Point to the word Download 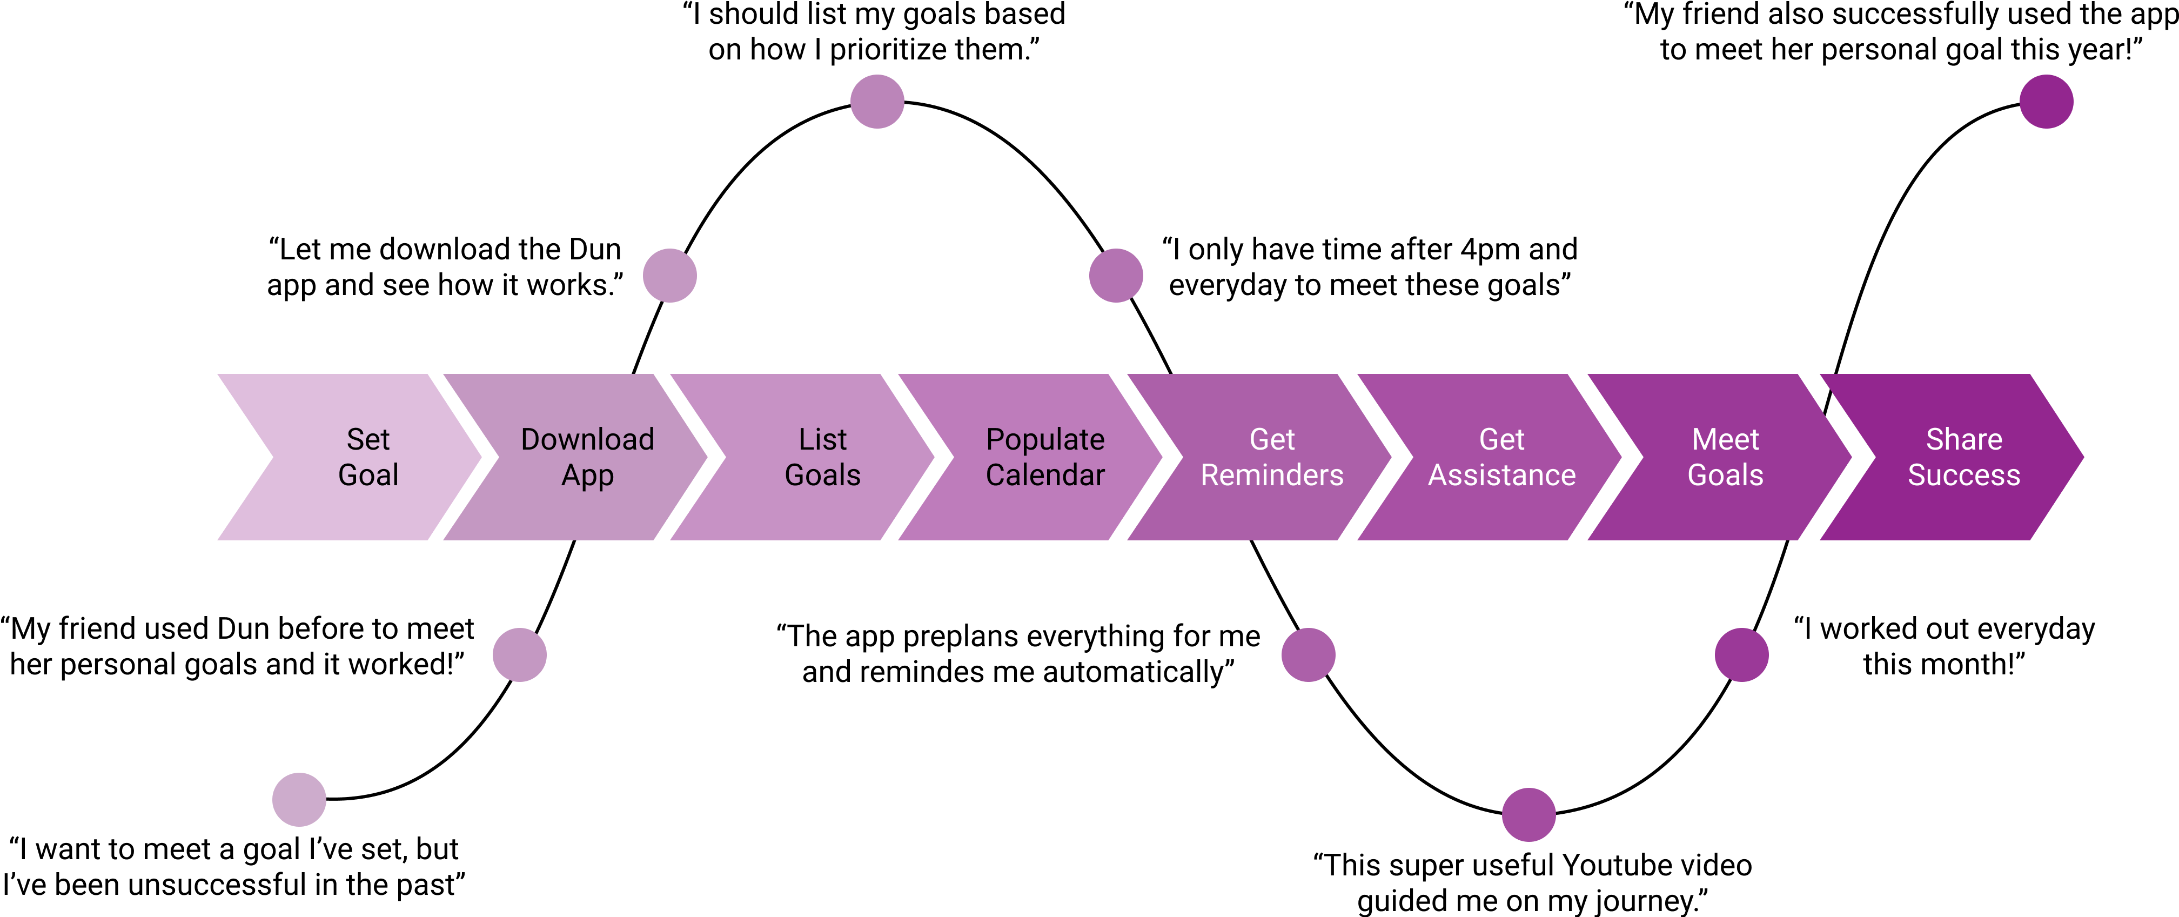587,439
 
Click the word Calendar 1045,476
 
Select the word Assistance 1501,476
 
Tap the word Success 1963,476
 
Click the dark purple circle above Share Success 2046,102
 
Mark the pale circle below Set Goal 299,799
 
